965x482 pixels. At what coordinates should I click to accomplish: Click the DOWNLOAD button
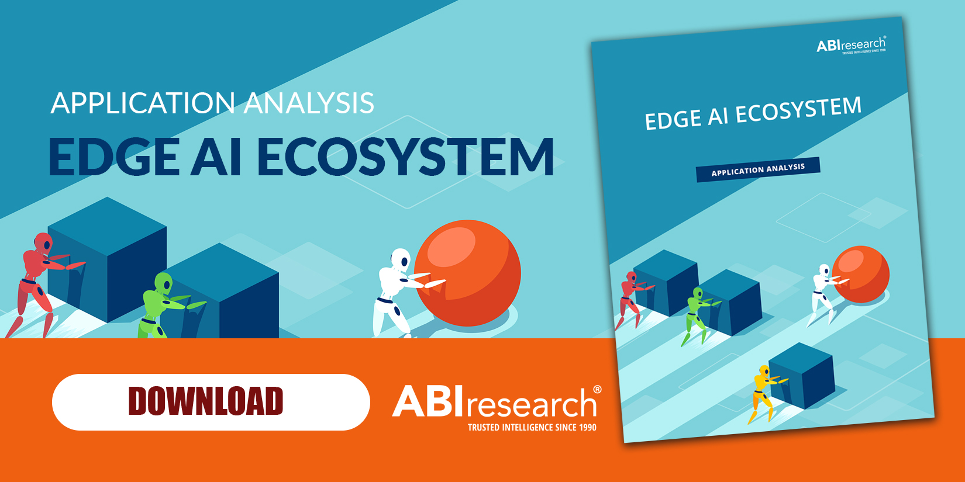click(x=211, y=402)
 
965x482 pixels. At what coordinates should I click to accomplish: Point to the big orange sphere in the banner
click(x=467, y=272)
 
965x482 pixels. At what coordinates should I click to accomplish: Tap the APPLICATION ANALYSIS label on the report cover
click(x=758, y=169)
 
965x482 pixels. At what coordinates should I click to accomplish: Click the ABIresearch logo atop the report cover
click(x=851, y=45)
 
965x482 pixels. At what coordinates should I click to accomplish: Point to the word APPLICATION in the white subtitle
click(x=143, y=103)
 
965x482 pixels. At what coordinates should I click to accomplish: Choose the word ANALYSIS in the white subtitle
click(x=309, y=103)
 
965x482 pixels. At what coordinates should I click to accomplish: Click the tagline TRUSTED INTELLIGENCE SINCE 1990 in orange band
click(x=532, y=428)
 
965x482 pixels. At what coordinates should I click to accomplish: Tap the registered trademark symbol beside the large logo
click(x=597, y=390)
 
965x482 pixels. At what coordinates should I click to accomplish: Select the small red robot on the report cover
click(x=629, y=298)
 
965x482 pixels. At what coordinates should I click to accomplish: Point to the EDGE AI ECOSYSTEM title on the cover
click(x=753, y=113)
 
